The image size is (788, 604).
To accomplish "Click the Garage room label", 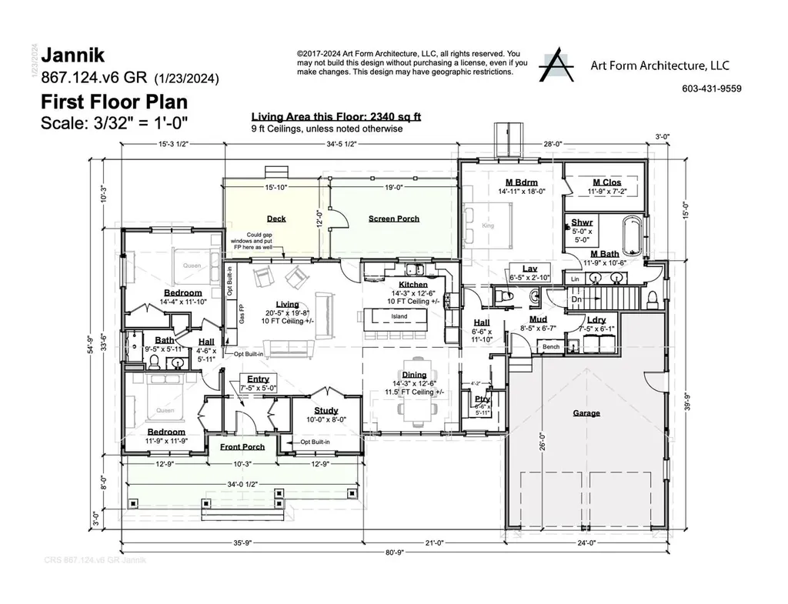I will click(x=586, y=413).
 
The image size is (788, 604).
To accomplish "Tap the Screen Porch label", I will click(x=393, y=219).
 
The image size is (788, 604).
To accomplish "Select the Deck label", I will click(x=275, y=219).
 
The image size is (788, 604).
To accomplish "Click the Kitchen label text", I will click(x=413, y=284).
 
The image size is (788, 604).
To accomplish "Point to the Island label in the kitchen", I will click(x=399, y=316).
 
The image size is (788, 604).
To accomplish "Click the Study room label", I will click(x=316, y=411).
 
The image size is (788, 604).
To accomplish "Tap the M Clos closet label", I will click(x=605, y=182).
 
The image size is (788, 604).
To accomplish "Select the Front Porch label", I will click(x=242, y=447).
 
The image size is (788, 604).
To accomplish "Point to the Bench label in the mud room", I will click(x=551, y=347).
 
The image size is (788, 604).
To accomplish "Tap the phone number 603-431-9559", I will click(x=711, y=88).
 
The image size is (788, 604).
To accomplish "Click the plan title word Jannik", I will click(x=74, y=55).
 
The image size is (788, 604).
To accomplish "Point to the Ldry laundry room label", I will click(x=596, y=319).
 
